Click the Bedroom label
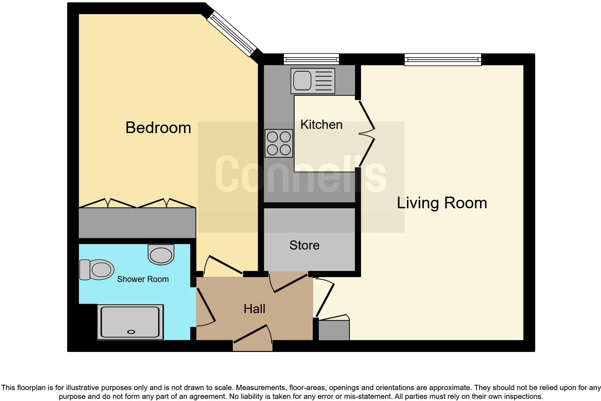tap(158, 127)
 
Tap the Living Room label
tap(442, 203)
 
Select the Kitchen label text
tap(321, 125)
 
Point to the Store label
tap(304, 245)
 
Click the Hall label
tap(254, 309)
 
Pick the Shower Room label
tap(143, 279)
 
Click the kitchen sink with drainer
tap(312, 81)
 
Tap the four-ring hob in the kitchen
tap(279, 143)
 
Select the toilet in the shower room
tap(97, 270)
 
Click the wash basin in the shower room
tap(161, 254)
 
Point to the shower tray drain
tap(131, 332)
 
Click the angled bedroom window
tap(232, 34)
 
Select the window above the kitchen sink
tap(311, 59)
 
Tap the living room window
tap(443, 59)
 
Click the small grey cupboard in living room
tap(334, 330)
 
